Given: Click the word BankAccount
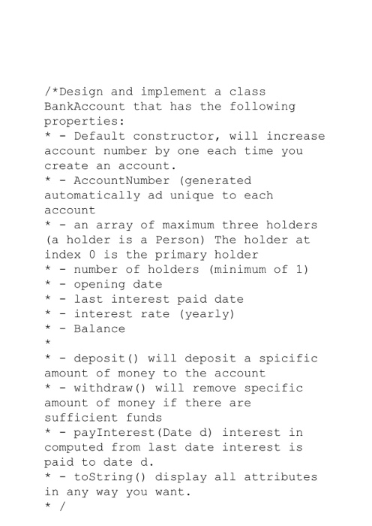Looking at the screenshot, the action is click(85, 107).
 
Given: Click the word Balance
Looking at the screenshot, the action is click(100, 328).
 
